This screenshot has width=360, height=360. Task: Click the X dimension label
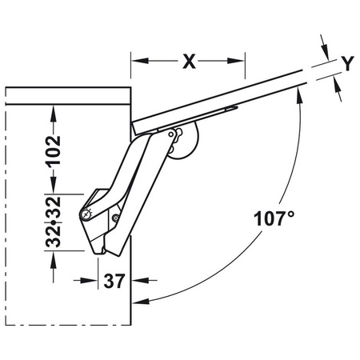(188, 62)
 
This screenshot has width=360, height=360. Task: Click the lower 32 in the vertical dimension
(54, 234)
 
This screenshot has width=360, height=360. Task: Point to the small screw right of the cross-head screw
(116, 218)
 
